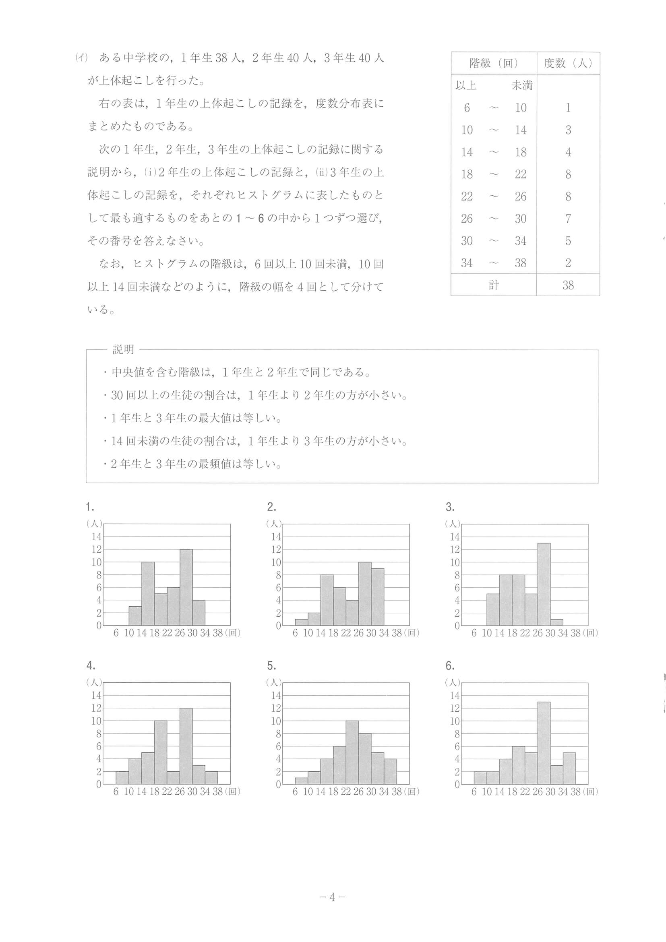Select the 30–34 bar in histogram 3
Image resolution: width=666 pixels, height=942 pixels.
[556, 622]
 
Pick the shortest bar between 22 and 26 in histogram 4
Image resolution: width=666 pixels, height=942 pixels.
[173, 777]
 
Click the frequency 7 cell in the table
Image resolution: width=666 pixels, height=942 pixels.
[568, 219]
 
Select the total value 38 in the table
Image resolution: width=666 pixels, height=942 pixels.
[568, 285]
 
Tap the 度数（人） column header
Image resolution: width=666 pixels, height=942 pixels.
[568, 63]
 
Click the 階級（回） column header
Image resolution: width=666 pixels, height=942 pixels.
[493, 63]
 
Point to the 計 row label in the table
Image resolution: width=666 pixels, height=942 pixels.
[493, 285]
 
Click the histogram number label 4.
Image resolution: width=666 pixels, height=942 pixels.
[90, 665]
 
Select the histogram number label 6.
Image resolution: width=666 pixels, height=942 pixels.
[450, 665]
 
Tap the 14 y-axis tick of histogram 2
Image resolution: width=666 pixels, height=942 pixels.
[276, 537]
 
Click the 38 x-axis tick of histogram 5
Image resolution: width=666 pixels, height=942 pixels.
[396, 791]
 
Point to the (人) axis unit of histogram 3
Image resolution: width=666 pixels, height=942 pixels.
[453, 524]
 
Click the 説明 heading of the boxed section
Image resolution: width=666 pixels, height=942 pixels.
[124, 349]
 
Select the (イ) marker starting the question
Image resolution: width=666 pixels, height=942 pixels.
[82, 58]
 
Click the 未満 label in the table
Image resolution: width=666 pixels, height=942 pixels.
[521, 85]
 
